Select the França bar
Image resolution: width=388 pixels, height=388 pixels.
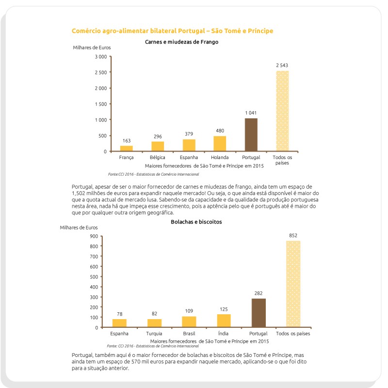126,148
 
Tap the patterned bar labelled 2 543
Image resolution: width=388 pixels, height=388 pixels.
282,111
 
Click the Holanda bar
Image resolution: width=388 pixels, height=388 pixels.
220,144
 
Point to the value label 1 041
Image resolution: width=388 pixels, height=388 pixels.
251,113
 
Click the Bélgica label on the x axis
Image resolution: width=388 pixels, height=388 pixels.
158,157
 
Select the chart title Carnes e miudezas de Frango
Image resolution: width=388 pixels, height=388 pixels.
181,42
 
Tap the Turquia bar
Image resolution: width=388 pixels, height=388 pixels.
154,323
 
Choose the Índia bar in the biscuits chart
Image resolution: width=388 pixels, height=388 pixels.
224,321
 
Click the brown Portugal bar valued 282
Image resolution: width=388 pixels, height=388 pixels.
259,313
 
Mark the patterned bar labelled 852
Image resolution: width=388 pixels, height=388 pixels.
293,284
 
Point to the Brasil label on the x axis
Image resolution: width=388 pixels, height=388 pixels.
189,334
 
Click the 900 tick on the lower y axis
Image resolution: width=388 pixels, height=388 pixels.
94,236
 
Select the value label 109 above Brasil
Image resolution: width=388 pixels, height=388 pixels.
189,311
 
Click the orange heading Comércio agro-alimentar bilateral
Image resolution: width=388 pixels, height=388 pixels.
172,31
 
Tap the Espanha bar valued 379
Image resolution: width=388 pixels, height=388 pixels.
189,145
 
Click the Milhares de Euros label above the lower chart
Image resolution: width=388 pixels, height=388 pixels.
79,227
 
